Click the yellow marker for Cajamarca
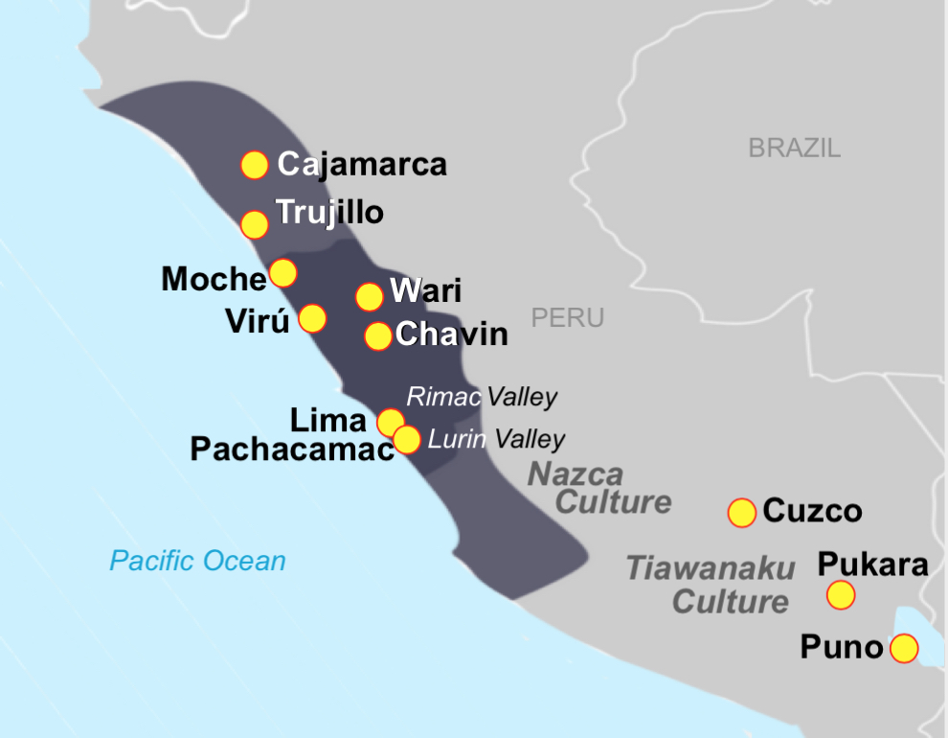(254, 165)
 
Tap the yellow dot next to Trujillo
(254, 224)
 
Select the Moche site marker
(282, 273)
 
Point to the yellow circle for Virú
(312, 317)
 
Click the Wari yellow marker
(370, 297)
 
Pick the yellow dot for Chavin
(378, 336)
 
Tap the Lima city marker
(390, 422)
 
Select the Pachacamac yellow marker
(407, 439)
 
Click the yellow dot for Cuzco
(742, 513)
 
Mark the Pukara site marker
(841, 595)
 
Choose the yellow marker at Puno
(903, 649)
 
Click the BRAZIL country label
(794, 148)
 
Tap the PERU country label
(568, 318)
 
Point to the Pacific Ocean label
(197, 561)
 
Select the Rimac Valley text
(482, 397)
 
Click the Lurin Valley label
(496, 440)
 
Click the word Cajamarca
(362, 165)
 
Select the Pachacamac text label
(292, 450)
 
